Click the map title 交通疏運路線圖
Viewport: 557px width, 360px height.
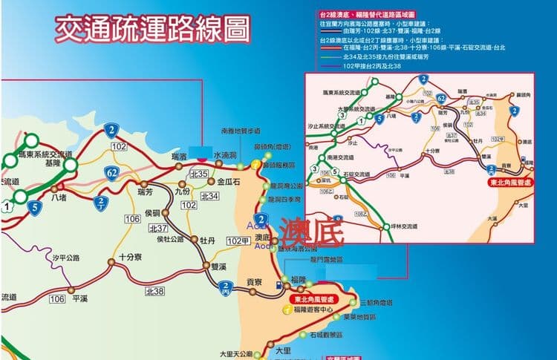pos(152,29)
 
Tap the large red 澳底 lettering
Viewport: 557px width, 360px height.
pos(309,233)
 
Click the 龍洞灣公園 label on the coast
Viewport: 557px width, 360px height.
pos(287,186)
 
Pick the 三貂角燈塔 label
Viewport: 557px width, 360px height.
pos(375,304)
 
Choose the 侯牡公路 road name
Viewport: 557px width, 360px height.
pos(170,239)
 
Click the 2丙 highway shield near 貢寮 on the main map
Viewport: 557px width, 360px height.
pos(224,287)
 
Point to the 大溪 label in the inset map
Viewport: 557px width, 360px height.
pos(492,219)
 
